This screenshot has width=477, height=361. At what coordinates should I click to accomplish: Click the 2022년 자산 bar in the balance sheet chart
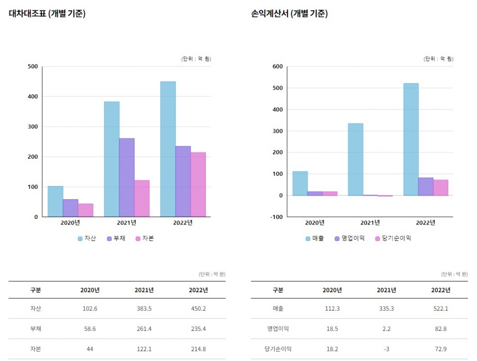pos(168,149)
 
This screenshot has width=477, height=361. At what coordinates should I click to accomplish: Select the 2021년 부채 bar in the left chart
pos(127,177)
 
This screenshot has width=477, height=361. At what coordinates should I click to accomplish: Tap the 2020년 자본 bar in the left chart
pos(86,210)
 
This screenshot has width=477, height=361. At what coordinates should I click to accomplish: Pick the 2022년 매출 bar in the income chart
pos(411,139)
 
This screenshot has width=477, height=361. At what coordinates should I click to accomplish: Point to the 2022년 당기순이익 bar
pos(441,187)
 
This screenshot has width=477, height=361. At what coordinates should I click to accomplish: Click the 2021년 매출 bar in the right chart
pos(355,159)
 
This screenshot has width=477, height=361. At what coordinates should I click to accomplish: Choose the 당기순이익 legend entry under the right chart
pos(393,238)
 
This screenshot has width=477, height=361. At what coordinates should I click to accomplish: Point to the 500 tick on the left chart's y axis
pos(33,67)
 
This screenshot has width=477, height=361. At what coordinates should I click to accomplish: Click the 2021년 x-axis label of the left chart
pos(126,222)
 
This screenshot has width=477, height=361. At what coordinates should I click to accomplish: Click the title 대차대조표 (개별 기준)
pos(47,14)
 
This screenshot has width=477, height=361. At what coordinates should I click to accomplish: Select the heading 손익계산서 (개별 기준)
pos(289,14)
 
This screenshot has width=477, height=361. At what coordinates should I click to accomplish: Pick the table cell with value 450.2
pos(198,308)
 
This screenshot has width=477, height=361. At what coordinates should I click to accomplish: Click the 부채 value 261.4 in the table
pos(144,328)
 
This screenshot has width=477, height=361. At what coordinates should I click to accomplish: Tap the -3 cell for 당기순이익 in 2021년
pos(386,349)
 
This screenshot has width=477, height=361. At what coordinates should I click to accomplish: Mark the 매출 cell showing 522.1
pos(440,308)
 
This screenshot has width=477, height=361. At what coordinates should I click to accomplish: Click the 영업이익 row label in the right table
pos(278,328)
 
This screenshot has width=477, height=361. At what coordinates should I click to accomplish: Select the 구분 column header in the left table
pos(36,290)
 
